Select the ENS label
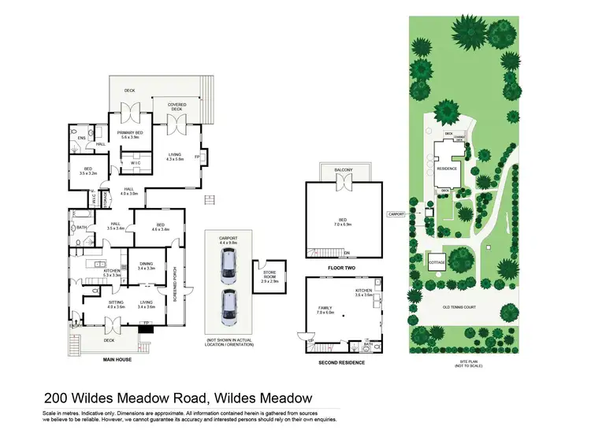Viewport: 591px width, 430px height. [81, 138]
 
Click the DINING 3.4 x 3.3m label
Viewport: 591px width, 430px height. [146, 266]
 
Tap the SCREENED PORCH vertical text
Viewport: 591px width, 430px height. [174, 280]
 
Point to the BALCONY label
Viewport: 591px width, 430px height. [343, 170]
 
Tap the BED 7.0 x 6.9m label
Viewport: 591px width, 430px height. [343, 221]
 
